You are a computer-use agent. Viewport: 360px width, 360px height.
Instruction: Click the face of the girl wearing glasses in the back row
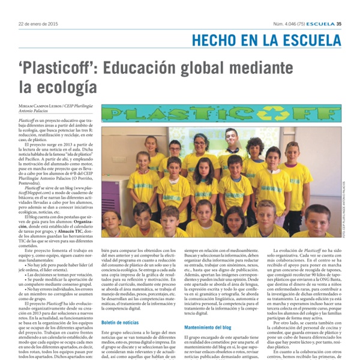[175, 148]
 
